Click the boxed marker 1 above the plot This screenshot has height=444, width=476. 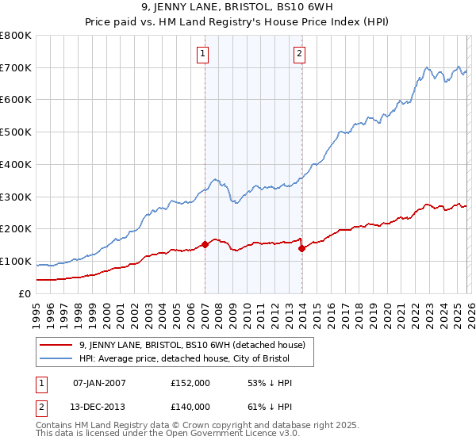204,54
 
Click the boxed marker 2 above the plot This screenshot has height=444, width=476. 300,54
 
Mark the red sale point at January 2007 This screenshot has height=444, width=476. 205,244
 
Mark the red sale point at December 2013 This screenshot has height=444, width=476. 301,248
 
